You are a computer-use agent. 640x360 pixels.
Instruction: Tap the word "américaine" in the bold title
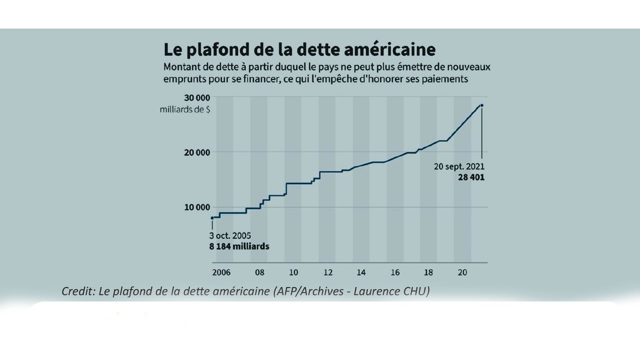coord(390,49)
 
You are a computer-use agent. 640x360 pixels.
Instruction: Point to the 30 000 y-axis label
coord(197,98)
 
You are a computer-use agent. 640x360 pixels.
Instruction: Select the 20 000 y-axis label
coord(197,152)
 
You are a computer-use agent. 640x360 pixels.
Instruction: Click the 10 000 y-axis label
coord(197,207)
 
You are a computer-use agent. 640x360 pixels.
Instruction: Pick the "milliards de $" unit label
coord(185,110)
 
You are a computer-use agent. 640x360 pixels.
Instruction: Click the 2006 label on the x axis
coord(221,273)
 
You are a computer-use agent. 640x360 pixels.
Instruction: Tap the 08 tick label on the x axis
coord(259,273)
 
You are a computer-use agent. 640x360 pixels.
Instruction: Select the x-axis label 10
coord(294,273)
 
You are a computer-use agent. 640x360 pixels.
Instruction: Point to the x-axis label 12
coord(328,273)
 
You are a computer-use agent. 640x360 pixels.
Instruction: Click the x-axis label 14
coord(361,273)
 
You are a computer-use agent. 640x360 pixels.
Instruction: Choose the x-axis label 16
coord(395,273)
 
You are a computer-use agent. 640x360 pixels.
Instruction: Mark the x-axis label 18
coord(428,273)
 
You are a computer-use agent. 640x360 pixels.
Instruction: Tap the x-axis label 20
coord(462,273)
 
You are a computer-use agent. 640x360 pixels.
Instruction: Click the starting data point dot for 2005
coord(212,218)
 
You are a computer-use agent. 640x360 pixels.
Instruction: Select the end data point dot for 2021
coord(482,105)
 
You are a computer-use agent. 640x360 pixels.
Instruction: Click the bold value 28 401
coord(471,177)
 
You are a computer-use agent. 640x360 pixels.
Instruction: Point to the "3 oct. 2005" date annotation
coord(230,235)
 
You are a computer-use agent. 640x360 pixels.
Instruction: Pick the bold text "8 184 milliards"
coord(239,247)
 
